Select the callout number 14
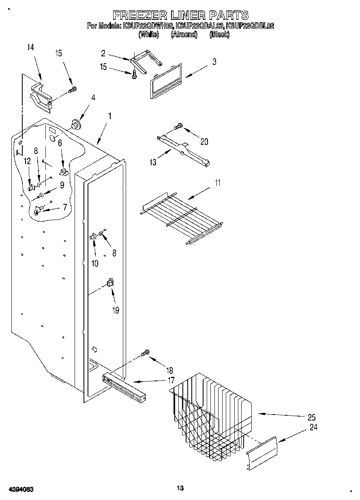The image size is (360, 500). [30, 47]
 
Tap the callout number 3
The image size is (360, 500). [214, 62]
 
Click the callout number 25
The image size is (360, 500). [312, 417]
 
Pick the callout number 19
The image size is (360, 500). [116, 310]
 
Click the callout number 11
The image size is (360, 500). [218, 182]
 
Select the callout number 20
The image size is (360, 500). [204, 141]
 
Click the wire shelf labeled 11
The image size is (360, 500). [182, 215]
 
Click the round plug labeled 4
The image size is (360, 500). [75, 123]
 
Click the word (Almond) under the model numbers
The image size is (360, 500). [184, 35]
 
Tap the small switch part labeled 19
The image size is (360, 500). [109, 282]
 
